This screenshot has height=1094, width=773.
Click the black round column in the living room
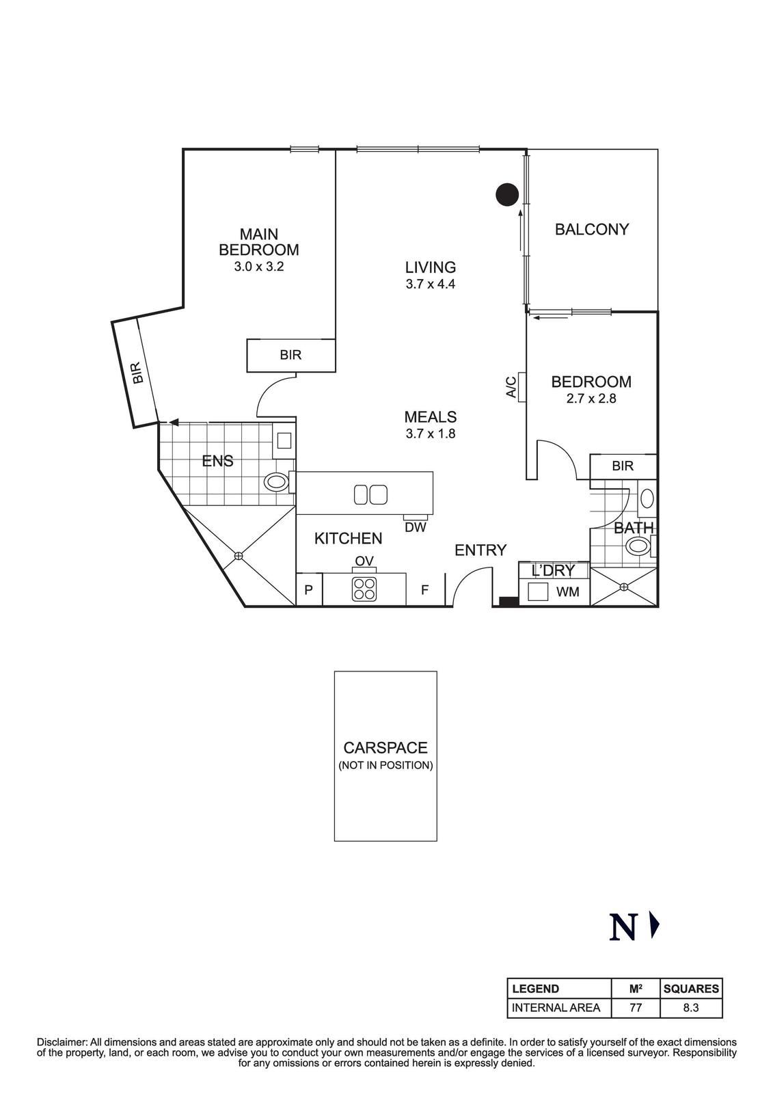tap(506, 195)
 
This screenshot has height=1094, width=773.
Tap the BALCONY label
tap(591, 230)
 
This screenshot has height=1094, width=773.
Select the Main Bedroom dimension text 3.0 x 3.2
tap(258, 267)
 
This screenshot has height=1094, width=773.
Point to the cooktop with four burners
tap(364, 589)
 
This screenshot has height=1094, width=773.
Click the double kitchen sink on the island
tap(370, 494)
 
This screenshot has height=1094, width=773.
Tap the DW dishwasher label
tap(415, 527)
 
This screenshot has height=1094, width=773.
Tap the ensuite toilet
tap(277, 482)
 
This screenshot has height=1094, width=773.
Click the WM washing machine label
tap(567, 592)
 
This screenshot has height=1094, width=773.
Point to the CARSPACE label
tap(385, 748)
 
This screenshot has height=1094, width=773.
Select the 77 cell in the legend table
tap(635, 1007)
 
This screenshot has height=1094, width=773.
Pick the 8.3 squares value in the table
tap(691, 1007)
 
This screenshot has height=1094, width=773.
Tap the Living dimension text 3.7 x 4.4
tap(430, 284)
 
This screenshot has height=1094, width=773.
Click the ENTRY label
tap(480, 550)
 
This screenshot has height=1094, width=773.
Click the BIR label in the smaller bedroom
tap(623, 466)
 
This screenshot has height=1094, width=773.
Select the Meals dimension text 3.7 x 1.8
tap(430, 433)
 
